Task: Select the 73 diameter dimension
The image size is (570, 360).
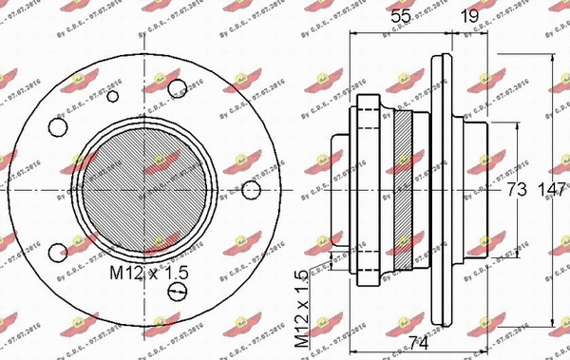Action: click(516, 188)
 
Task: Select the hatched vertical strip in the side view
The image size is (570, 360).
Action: click(407, 186)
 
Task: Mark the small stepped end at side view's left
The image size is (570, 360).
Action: click(339, 186)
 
